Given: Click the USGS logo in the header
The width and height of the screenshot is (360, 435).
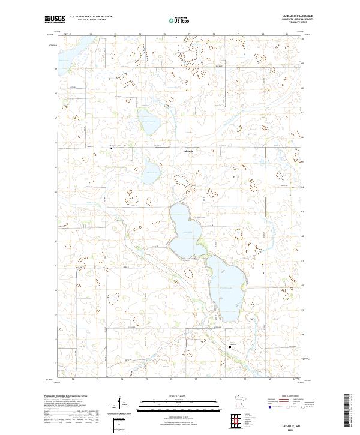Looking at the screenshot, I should point(55,19).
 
